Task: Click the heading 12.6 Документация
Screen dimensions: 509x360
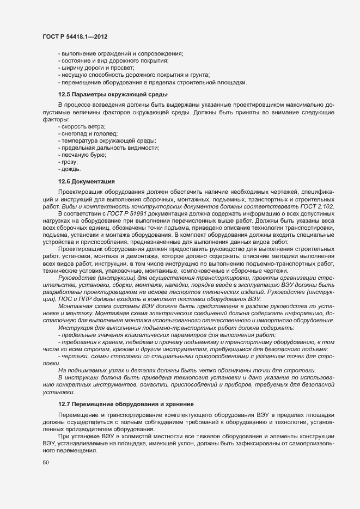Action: [x=86, y=181]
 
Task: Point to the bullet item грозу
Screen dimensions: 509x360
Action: [x=69, y=162]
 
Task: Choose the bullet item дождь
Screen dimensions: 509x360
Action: [x=71, y=169]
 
